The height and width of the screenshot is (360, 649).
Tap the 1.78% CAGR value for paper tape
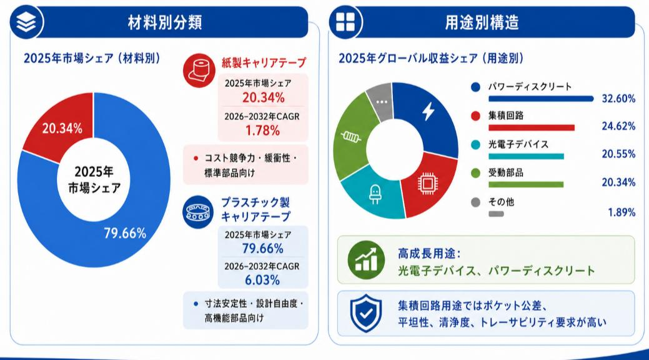(262, 131)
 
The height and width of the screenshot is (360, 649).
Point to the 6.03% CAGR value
(262, 280)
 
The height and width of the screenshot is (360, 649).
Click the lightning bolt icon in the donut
(428, 111)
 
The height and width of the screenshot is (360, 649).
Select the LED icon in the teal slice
(375, 194)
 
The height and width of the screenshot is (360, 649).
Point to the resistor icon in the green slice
(350, 136)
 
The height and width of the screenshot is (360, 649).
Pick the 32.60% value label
(618, 99)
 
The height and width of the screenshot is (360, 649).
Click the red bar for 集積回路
(532, 127)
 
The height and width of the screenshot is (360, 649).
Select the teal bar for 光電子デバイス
(526, 157)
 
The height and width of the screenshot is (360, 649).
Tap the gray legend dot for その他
(475, 202)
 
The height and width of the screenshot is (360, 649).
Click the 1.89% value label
(622, 212)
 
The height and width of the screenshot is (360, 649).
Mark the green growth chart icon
(366, 260)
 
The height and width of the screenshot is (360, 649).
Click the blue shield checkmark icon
(366, 313)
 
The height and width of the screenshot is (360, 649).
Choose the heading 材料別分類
(165, 22)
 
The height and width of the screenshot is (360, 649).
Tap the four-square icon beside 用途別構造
(345, 22)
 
